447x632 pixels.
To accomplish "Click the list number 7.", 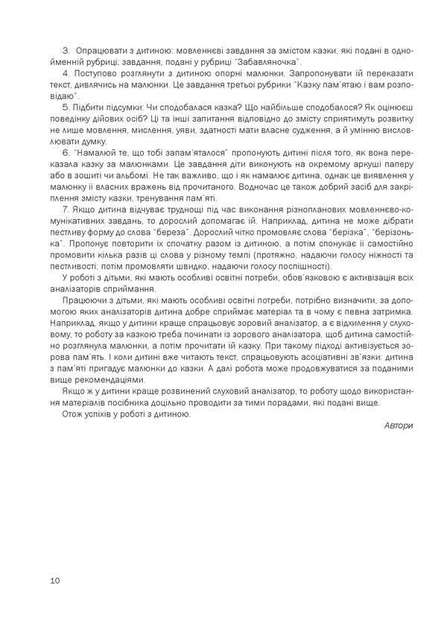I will [66, 209].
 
